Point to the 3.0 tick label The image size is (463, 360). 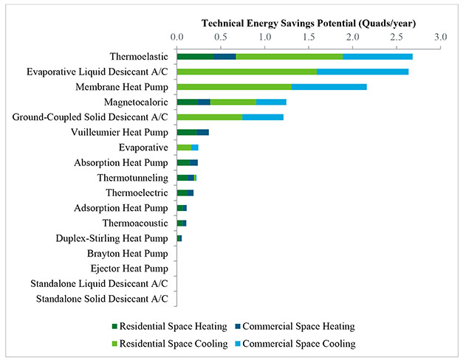[441, 36]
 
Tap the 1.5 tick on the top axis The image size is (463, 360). [309, 36]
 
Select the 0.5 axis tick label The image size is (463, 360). [221, 36]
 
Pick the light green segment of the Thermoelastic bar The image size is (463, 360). [289, 56]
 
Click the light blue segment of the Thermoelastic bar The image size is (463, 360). [377, 56]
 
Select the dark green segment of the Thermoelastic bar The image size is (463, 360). [195, 56]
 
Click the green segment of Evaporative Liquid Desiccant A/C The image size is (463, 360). [247, 72]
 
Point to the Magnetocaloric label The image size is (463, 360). [136, 102]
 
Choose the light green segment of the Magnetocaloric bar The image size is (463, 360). [233, 102]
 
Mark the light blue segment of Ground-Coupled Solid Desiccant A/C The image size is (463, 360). [263, 117]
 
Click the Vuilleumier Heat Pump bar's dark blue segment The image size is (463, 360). [202, 132]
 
